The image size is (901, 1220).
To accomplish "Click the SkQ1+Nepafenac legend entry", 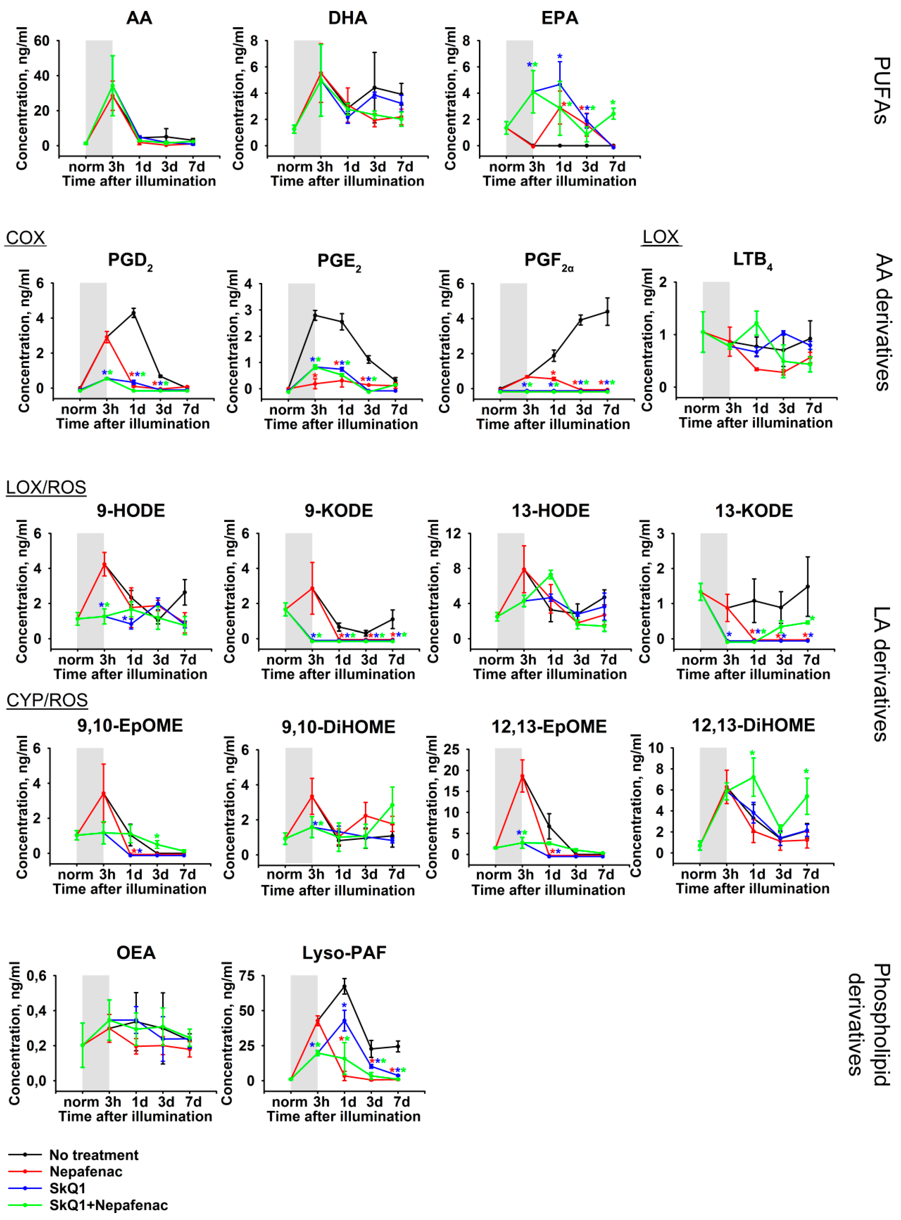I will click(x=108, y=1205).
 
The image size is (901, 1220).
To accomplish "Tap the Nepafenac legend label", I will click(x=86, y=1172).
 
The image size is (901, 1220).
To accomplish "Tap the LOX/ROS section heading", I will click(x=46, y=487).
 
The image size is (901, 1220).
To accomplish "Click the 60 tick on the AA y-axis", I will click(x=41, y=41).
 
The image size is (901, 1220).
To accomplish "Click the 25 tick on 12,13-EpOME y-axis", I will click(x=452, y=750).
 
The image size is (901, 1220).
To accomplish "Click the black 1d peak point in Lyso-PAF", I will click(x=344, y=986).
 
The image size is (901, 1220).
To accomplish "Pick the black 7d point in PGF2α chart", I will click(x=608, y=312).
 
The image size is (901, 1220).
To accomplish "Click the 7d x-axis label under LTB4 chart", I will click(x=814, y=408).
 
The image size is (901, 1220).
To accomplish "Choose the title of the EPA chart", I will click(x=560, y=18).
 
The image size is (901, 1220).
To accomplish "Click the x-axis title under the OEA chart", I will click(x=135, y=1116).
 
